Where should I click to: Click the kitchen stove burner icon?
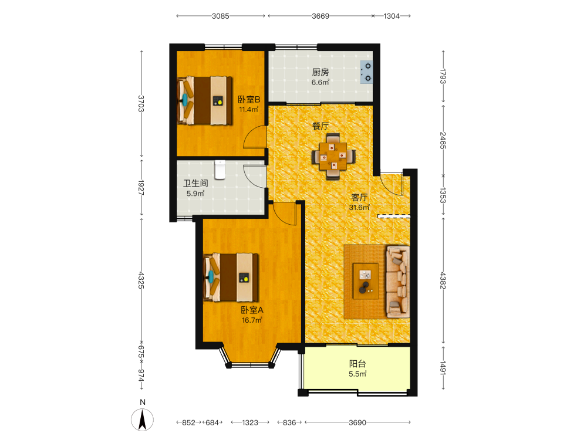pyautogui.click(x=366, y=72)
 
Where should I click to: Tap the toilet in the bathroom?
pyautogui.click(x=220, y=170)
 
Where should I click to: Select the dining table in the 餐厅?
pyautogui.click(x=333, y=156)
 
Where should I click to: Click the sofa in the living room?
pyautogui.click(x=397, y=282)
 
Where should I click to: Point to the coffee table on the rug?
pyautogui.click(x=366, y=281)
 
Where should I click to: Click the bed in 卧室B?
pyautogui.click(x=204, y=100)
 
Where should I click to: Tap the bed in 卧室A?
pyautogui.click(x=231, y=277)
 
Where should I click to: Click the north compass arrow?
pyautogui.click(x=142, y=419)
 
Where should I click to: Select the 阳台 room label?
pyautogui.click(x=357, y=364)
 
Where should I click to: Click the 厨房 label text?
pyautogui.click(x=321, y=72)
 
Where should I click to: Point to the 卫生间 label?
pyautogui.click(x=195, y=183)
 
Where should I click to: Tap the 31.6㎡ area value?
pyautogui.click(x=359, y=207)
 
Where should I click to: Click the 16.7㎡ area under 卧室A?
pyautogui.click(x=252, y=320)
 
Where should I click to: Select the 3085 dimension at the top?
pyautogui.click(x=221, y=16)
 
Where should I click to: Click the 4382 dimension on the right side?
pyautogui.click(x=443, y=280)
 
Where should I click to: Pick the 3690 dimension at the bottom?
pyautogui.click(x=357, y=422)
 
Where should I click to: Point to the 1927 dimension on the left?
pyautogui.click(x=141, y=188)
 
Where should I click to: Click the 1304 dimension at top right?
pyautogui.click(x=392, y=16)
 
